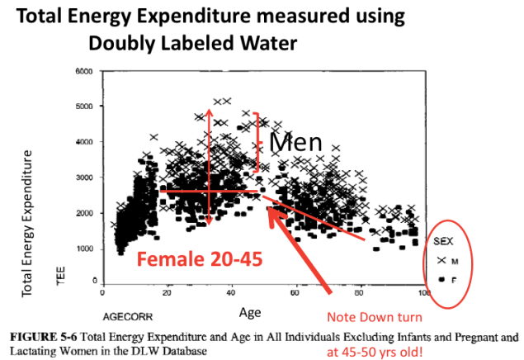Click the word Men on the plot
295,142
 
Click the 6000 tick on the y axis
83,72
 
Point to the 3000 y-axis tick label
83,178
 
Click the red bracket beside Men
257,141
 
